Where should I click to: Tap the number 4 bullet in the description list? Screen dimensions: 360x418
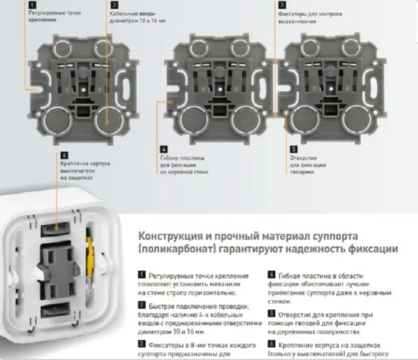pyautogui.click(x=272, y=273)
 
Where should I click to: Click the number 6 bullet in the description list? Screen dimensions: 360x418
pyautogui.click(x=272, y=343)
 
